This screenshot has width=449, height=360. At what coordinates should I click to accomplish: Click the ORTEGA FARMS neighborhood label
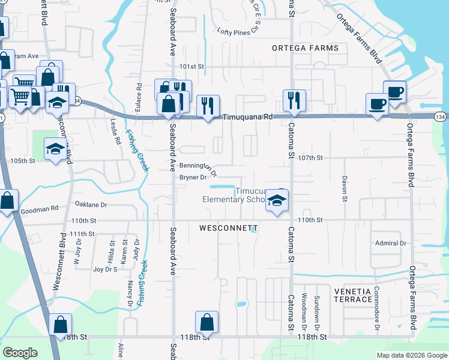(305, 47)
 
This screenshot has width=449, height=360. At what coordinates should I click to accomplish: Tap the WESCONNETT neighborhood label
(223, 229)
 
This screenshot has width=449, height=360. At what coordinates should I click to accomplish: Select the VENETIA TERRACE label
(353, 295)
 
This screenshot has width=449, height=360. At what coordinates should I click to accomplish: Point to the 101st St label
(193, 67)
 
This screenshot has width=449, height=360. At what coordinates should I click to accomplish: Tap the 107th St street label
(310, 158)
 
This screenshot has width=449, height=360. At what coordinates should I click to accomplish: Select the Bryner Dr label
(193, 177)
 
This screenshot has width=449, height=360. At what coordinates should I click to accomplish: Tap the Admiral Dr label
(391, 243)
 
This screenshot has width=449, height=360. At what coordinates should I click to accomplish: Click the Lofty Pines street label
(234, 32)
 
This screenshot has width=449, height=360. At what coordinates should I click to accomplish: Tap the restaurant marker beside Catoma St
(294, 101)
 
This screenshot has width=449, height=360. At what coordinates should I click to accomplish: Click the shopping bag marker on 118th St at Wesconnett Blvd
(60, 325)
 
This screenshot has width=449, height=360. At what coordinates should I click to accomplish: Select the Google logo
(20, 353)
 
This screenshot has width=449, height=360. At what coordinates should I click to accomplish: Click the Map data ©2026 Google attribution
(412, 355)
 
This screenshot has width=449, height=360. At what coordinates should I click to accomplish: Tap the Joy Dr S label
(105, 269)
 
